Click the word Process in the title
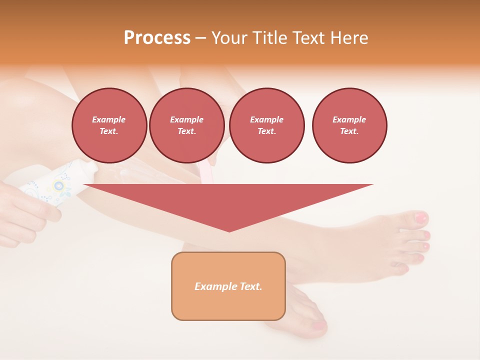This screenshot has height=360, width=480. [x=157, y=38]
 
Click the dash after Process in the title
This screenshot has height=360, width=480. [x=200, y=38]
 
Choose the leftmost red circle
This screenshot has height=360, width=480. [x=109, y=125]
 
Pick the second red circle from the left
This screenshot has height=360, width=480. [x=186, y=125]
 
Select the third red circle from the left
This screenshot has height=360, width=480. [x=266, y=125]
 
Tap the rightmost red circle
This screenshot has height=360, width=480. [x=349, y=125]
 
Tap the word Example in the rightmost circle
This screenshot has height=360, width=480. [x=349, y=119]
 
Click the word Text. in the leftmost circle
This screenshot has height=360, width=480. [x=109, y=131]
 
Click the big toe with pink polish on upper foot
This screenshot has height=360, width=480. [x=421, y=218]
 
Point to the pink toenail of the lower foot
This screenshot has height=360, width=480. [x=319, y=326]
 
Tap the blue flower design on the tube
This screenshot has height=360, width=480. [x=59, y=185]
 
